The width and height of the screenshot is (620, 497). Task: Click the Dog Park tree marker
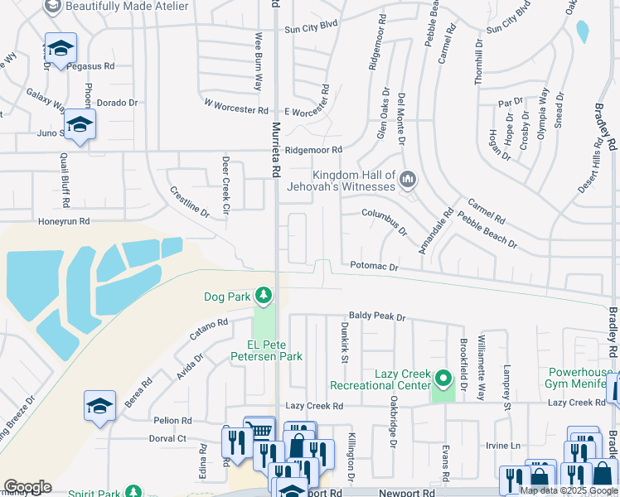pos(264,295)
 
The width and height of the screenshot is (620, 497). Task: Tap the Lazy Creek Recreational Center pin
pos(443,379)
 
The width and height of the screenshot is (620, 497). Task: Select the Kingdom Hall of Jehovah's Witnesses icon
pos(408,179)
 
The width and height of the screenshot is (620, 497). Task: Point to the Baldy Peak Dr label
pos(376,316)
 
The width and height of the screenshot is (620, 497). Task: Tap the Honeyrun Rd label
pos(63,222)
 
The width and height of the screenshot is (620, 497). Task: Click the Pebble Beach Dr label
pos(487,233)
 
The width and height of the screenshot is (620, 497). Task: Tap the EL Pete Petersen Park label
pos(264,350)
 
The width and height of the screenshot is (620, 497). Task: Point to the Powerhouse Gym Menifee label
pos(578,378)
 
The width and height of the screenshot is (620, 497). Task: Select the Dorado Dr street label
pos(117,103)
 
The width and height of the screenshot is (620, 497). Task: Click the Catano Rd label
pos(208,331)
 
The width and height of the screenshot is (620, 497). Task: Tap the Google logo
pos(27,486)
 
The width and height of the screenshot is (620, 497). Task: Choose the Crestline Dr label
pos(190,202)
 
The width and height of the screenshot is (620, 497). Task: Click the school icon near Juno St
pos(80,125)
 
